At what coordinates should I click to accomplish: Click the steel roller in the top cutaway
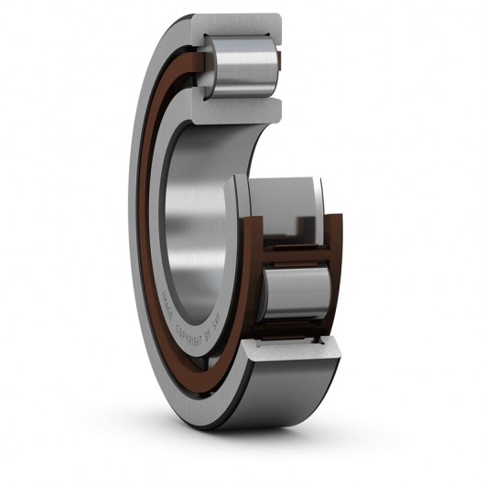coord(241,65)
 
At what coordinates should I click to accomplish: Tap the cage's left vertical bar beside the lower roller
coord(260,293)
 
